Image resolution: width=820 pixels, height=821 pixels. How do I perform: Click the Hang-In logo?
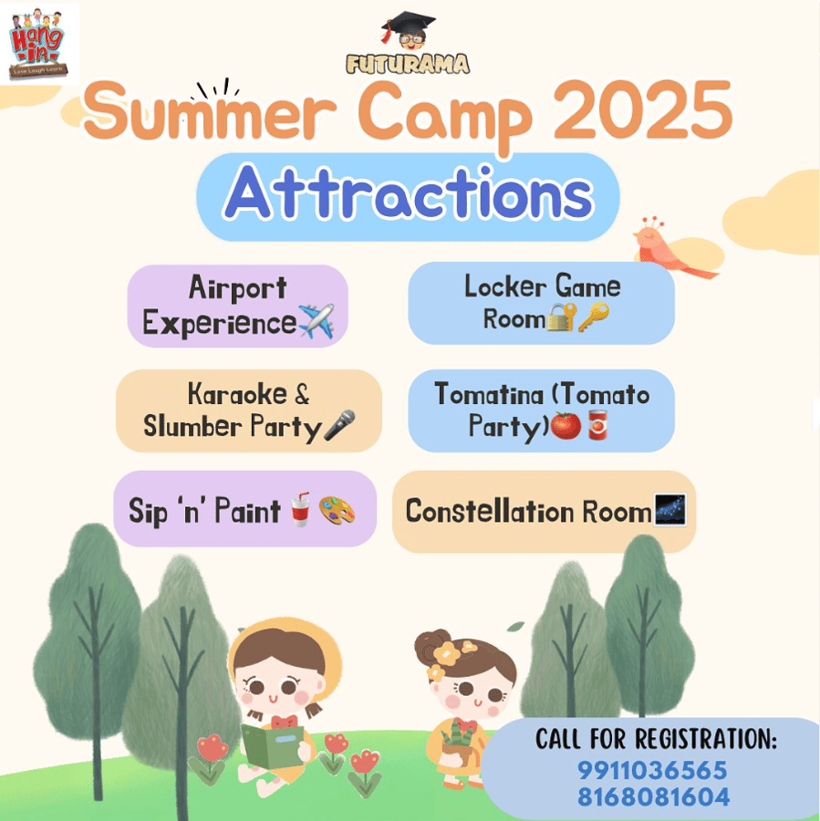[37, 43]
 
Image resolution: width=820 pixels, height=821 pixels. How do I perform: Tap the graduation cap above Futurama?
[409, 25]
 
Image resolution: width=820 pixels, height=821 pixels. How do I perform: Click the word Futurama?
[408, 64]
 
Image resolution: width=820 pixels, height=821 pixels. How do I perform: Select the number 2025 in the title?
[642, 111]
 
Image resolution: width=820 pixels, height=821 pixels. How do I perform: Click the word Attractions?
[409, 194]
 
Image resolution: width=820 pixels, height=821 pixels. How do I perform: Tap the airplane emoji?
[316, 321]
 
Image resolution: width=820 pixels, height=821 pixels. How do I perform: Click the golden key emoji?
[594, 317]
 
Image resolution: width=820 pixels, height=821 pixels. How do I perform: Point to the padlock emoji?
[561, 317]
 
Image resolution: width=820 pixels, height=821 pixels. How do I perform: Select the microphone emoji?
[339, 424]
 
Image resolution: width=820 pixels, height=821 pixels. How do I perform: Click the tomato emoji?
[566, 425]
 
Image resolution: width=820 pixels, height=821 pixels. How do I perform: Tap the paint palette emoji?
[337, 510]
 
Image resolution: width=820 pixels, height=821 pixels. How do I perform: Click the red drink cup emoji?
[301, 509]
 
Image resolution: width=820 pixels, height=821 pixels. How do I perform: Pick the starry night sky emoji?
[670, 509]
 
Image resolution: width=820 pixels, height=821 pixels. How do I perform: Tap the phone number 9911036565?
[652, 770]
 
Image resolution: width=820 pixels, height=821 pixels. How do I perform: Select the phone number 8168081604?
[653, 797]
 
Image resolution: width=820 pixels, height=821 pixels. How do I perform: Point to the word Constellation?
[490, 511]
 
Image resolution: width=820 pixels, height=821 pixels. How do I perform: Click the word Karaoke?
[238, 394]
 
